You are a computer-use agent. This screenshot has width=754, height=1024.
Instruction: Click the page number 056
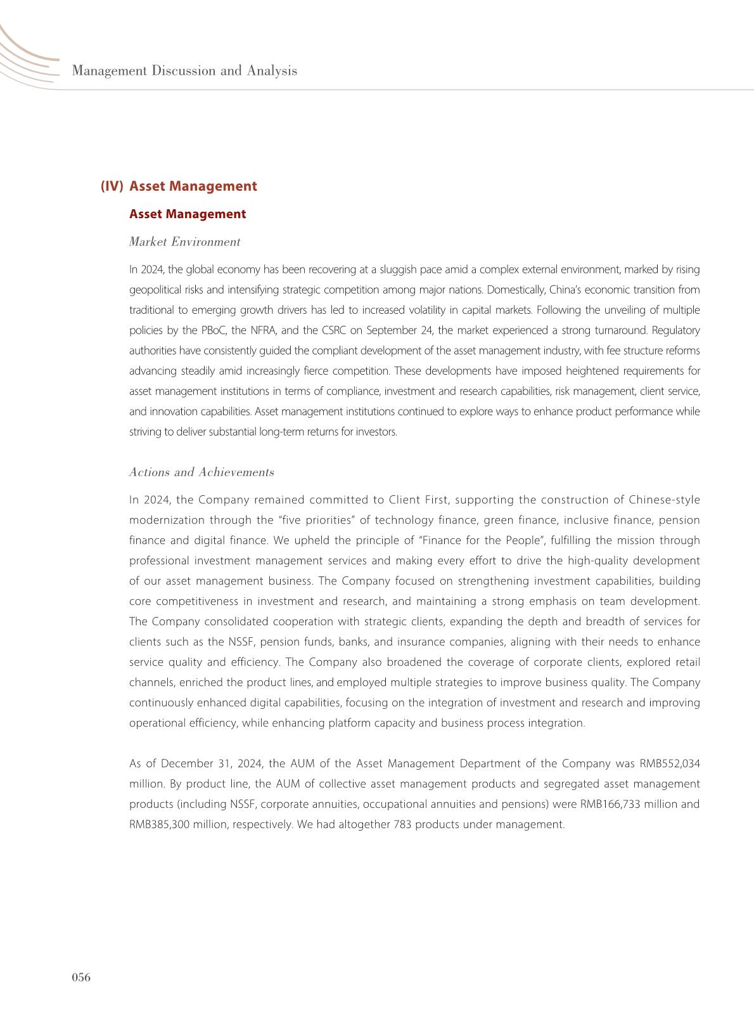point(80,977)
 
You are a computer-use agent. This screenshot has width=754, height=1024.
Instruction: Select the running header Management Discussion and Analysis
point(184,70)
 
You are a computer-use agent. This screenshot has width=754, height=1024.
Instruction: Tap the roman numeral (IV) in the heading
point(112,186)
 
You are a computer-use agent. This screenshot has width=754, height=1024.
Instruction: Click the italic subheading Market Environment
point(184,242)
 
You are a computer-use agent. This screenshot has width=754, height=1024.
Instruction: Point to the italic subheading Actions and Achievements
point(201,472)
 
